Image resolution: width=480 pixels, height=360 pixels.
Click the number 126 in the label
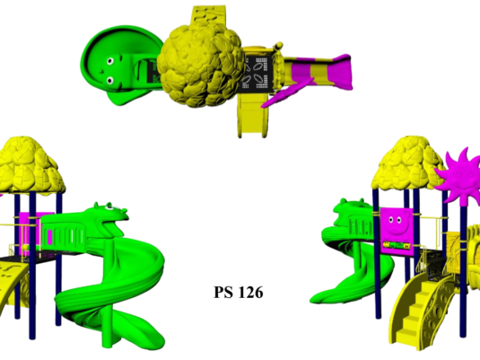pos(250,293)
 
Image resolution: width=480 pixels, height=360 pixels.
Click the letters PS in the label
pos(223,293)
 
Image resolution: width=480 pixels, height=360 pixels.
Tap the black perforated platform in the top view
pos(256,75)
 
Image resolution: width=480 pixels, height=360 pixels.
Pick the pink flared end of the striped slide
pos(340,72)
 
